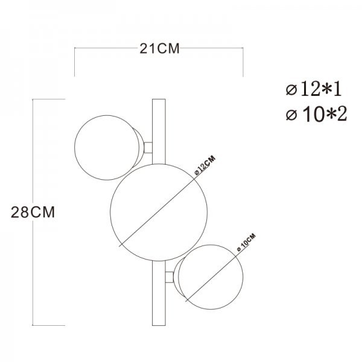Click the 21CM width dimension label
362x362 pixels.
tap(159, 49)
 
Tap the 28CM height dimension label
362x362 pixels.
tap(33, 212)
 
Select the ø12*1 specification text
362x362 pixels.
tap(314, 89)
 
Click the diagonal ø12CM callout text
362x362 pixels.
tap(205, 165)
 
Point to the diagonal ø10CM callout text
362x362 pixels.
tap(246, 243)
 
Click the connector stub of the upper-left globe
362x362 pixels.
tap(148, 148)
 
